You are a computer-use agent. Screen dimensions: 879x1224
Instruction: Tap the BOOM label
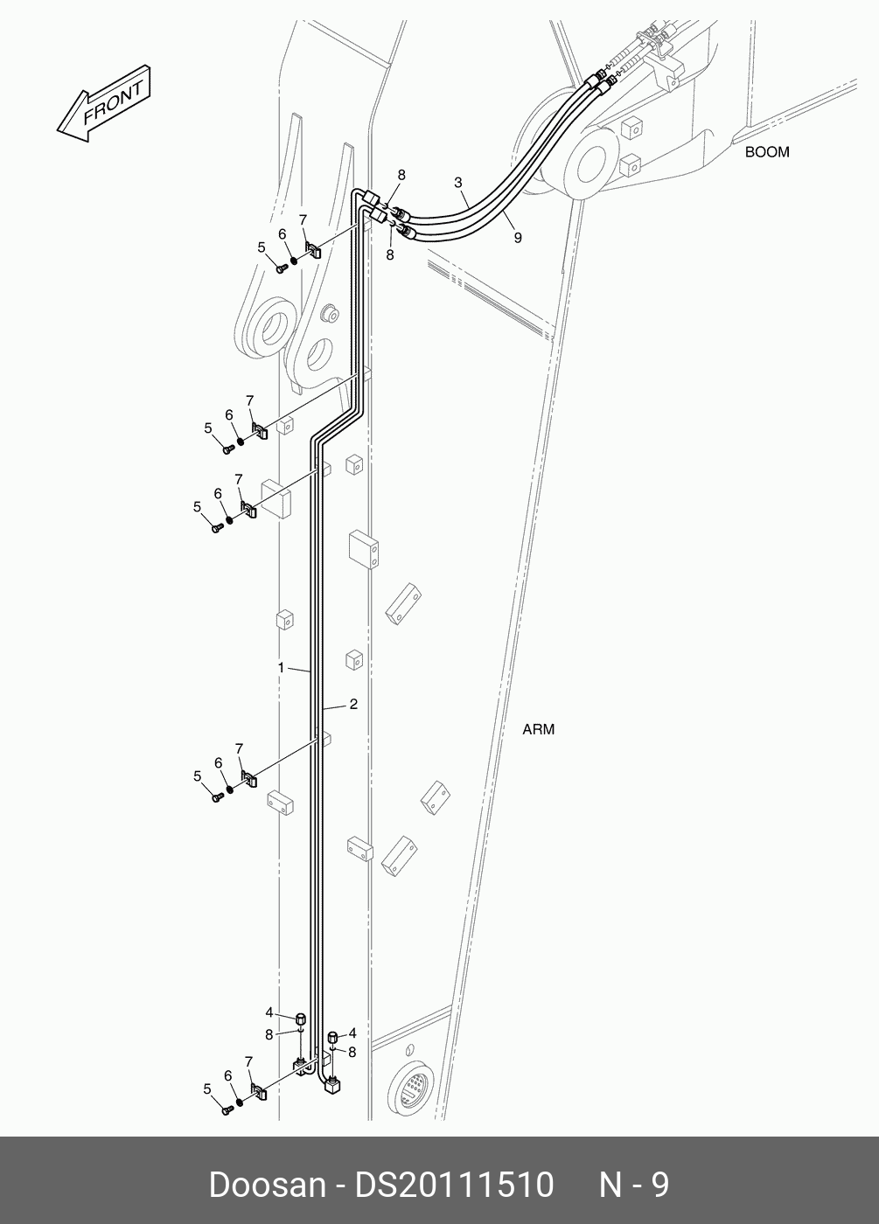[766, 152]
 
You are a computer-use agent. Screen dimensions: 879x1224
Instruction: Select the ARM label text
[538, 729]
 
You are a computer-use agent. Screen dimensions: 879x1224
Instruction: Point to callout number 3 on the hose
[458, 183]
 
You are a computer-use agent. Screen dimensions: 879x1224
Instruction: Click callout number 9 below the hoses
[518, 237]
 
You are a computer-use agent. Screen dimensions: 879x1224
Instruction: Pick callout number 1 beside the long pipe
[281, 668]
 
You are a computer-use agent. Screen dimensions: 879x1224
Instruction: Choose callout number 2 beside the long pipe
[353, 704]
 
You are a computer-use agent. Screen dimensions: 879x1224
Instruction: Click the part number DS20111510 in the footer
[453, 1185]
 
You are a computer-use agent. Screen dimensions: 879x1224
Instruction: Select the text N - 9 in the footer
[633, 1185]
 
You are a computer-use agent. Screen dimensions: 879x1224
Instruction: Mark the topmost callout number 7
[303, 219]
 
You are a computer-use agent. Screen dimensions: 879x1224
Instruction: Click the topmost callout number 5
[261, 247]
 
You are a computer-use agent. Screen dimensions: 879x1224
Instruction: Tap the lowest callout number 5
[207, 1088]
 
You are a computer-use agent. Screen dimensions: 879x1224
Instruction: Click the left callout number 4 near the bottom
[269, 1012]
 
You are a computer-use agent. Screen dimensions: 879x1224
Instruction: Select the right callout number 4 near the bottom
[352, 1033]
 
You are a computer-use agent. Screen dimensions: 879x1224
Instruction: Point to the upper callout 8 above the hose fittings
[401, 175]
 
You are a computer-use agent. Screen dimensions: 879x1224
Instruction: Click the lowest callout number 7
[248, 1061]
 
